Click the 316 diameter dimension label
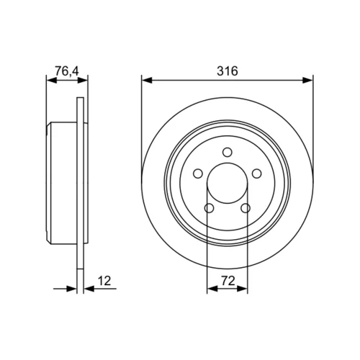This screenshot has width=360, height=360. tap(228, 71)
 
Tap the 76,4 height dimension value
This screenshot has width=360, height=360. tap(67, 71)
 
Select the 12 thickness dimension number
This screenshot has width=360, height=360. tap(104, 281)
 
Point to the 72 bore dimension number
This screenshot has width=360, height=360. tap(228, 281)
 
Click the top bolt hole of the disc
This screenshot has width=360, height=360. tap(227, 152)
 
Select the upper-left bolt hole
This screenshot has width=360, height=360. tap(198, 174)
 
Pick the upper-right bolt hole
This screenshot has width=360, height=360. tap(256, 174)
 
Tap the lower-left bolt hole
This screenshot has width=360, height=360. tap(210, 208)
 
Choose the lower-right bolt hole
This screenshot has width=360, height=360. tap(246, 208)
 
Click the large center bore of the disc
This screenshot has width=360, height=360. tap(227, 184)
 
